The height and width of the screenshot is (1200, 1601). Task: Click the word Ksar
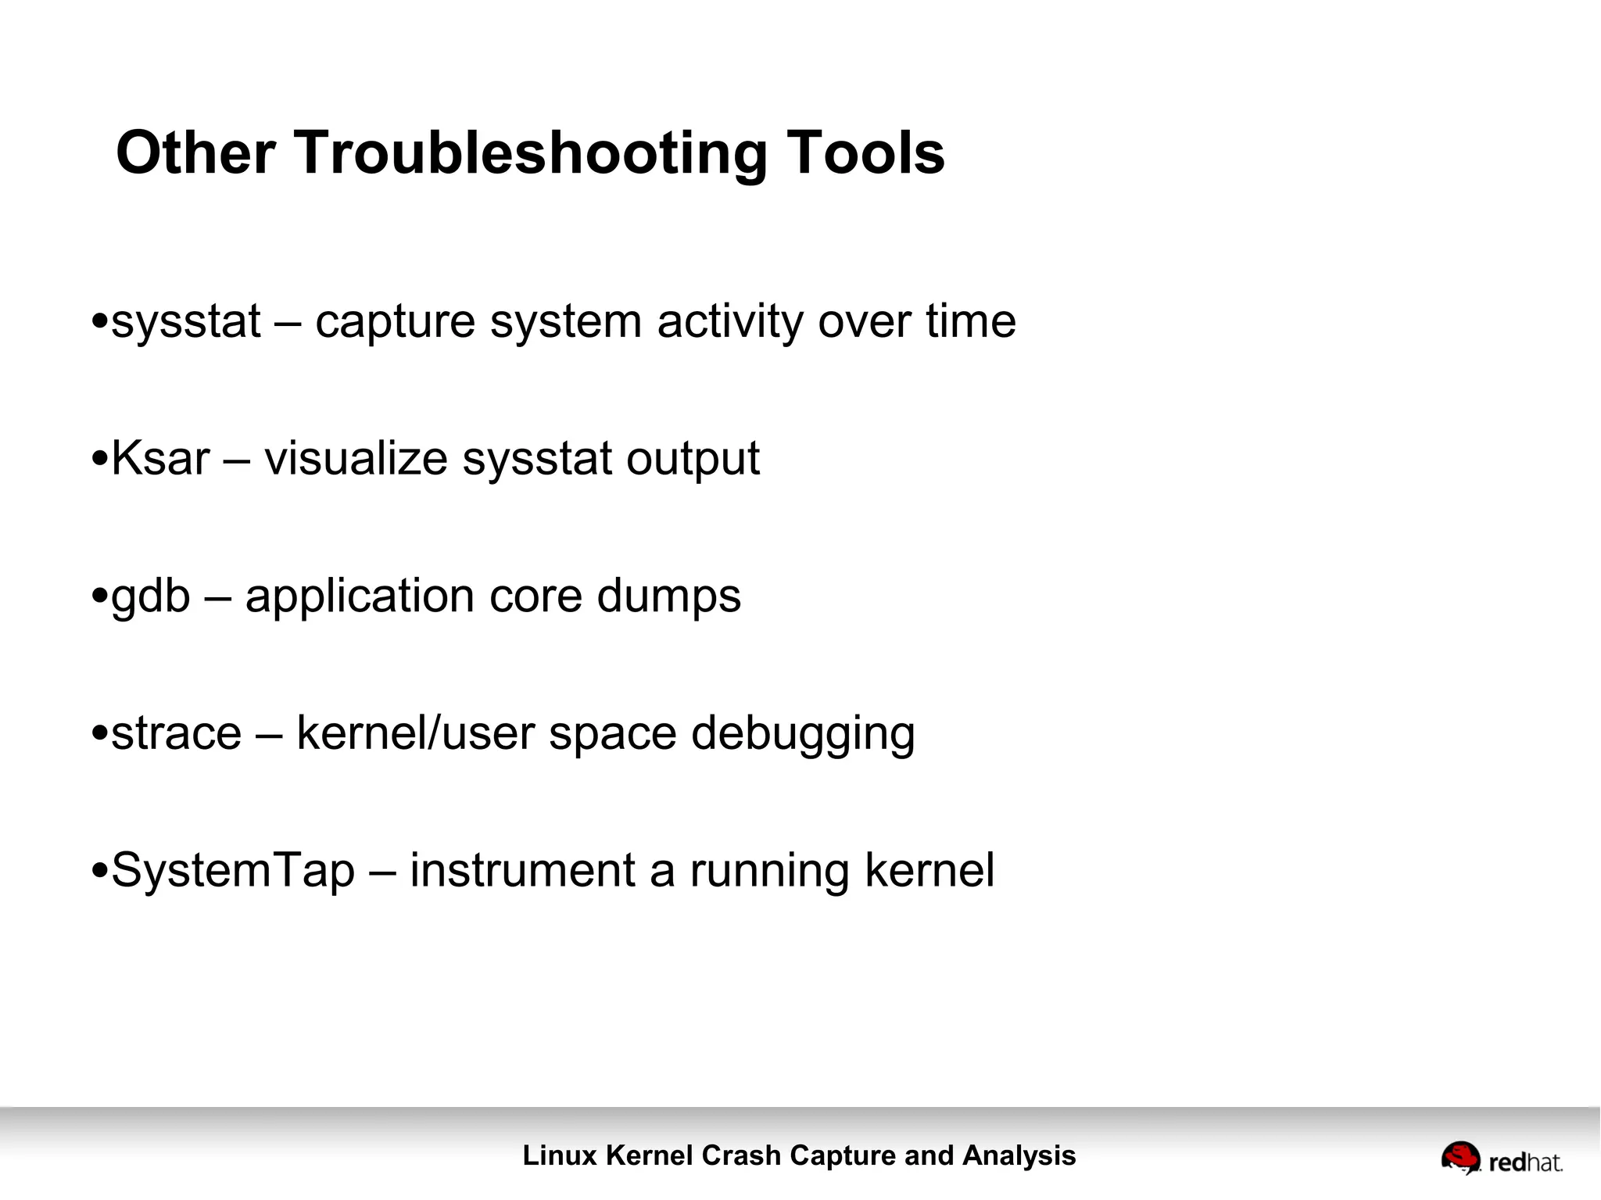click(160, 458)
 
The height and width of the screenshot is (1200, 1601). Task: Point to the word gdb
click(151, 597)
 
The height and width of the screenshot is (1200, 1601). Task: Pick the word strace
click(177, 733)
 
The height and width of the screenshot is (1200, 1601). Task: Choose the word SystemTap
click(233, 871)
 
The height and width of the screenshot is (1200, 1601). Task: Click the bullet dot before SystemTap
click(99, 870)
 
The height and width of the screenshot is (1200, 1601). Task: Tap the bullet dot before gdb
click(99, 596)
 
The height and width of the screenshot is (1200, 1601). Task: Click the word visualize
click(356, 458)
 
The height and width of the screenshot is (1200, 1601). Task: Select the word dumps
click(668, 596)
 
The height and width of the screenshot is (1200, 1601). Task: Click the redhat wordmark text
click(1525, 1162)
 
